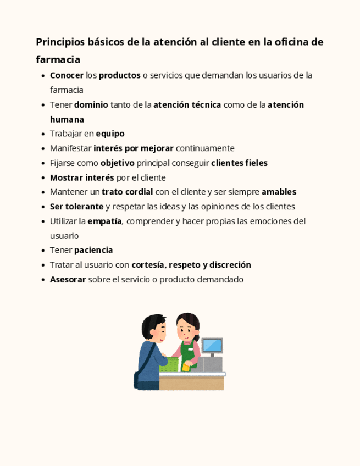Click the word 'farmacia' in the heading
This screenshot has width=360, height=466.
coord(58,59)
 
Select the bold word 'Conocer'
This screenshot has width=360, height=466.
coord(67,75)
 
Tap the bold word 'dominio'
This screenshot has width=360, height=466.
coord(91,104)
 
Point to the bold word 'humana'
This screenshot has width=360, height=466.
coord(67,119)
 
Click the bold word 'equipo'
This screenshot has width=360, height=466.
coord(110,134)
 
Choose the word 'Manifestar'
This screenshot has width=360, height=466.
coord(71,148)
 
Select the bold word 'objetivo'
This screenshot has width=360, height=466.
coord(117,163)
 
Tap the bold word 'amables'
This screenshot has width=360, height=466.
coord(279,192)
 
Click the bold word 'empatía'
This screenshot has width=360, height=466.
coord(104,221)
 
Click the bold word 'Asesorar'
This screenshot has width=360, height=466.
coord(68,279)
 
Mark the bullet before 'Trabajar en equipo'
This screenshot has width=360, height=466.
coord(43,134)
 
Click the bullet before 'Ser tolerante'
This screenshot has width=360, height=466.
coord(43,207)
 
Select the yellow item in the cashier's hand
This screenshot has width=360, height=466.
coord(187,368)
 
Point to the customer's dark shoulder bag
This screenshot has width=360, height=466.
coord(137,380)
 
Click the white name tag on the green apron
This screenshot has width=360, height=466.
coord(191,348)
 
